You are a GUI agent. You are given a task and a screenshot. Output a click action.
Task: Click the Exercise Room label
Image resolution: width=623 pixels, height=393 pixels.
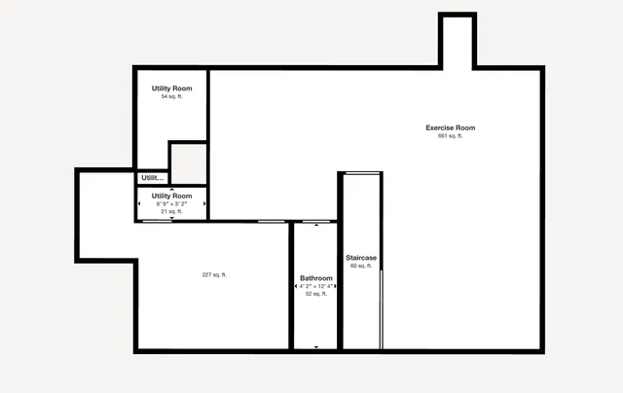click(450, 127)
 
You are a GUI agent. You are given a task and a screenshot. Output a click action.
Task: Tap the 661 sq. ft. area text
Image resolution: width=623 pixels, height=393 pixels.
click(450, 136)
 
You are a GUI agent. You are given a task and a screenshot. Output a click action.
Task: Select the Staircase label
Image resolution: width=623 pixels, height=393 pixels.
click(361, 258)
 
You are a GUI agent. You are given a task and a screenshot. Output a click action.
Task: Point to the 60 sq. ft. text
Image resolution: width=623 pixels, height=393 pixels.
click(361, 266)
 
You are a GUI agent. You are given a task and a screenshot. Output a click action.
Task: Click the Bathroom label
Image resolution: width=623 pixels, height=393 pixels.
click(315, 278)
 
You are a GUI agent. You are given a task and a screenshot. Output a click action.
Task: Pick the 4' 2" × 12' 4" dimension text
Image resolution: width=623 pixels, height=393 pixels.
click(315, 286)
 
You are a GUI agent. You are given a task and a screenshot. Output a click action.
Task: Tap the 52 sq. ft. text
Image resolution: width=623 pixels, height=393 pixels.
click(315, 294)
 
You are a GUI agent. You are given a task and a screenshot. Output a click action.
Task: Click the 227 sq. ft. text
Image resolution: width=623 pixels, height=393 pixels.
click(214, 275)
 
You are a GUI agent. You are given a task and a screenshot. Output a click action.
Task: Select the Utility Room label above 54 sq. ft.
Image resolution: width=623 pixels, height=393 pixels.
click(171, 89)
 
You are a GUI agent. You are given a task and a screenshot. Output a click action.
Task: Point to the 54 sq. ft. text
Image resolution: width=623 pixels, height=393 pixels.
click(171, 96)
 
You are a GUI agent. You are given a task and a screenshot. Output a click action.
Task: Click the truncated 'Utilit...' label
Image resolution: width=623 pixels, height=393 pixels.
click(152, 178)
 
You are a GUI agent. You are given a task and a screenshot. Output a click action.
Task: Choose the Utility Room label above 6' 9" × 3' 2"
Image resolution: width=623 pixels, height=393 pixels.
click(171, 196)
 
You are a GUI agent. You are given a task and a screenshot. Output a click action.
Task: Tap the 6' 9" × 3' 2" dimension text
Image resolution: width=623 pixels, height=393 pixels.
click(171, 203)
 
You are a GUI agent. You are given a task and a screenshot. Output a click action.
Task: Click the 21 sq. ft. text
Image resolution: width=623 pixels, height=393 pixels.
click(171, 211)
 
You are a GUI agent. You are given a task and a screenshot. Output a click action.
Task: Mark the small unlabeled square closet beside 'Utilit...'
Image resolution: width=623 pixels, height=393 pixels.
click(188, 162)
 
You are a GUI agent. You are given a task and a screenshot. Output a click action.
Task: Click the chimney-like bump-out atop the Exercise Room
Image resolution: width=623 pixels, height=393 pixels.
click(457, 41)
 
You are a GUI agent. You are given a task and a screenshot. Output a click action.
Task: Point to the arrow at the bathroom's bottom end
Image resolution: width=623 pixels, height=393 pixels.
click(315, 347)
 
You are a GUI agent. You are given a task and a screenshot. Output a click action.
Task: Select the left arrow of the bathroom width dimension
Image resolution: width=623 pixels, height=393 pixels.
click(297, 286)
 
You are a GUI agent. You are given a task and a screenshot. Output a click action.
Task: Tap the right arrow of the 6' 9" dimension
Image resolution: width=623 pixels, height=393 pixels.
click(204, 203)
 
